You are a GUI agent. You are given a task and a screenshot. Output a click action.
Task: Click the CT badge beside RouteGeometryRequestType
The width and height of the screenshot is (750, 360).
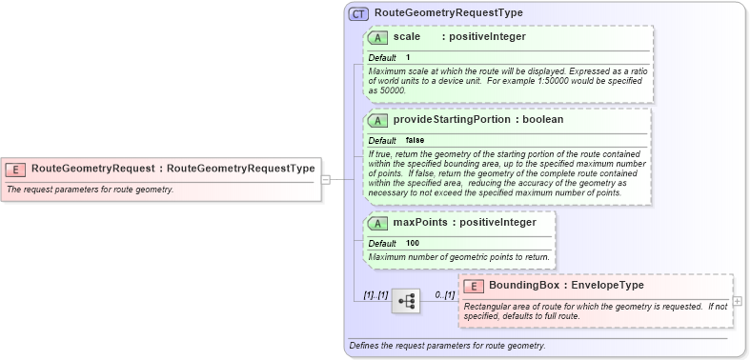pos(359,14)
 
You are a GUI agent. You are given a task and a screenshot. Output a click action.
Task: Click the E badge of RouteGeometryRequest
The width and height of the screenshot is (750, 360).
pos(16,169)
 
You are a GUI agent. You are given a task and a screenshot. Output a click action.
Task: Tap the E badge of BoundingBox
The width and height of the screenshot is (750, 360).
pos(474,285)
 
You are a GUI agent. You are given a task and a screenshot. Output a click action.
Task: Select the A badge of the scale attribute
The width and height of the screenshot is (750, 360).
pos(378,37)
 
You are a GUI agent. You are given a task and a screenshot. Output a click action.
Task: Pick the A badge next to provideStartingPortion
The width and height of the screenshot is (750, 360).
pos(378,120)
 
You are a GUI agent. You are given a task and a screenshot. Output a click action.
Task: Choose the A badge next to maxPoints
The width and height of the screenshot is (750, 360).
pos(378,223)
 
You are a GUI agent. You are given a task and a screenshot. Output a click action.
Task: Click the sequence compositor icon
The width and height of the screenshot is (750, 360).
pos(406,301)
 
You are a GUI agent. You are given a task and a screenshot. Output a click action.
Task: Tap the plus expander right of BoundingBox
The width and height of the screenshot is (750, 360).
pos(738,300)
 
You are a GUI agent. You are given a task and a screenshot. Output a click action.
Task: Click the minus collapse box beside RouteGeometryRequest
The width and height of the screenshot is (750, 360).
pos(325,177)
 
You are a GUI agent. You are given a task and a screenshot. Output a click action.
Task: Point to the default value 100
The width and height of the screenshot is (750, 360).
pos(413,243)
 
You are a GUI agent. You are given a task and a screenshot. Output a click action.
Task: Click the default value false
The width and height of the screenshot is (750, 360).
pos(415,140)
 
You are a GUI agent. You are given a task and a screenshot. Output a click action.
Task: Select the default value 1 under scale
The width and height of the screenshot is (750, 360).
pos(409,57)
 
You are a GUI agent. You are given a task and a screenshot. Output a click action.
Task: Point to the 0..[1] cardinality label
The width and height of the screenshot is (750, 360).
pos(444,294)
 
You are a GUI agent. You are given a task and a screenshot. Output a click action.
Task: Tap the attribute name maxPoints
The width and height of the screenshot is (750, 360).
pos(420,223)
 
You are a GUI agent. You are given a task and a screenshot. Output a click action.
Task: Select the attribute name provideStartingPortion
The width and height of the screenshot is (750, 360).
pos(453,120)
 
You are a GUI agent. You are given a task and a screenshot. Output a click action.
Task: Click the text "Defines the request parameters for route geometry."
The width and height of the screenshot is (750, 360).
pos(447,345)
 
